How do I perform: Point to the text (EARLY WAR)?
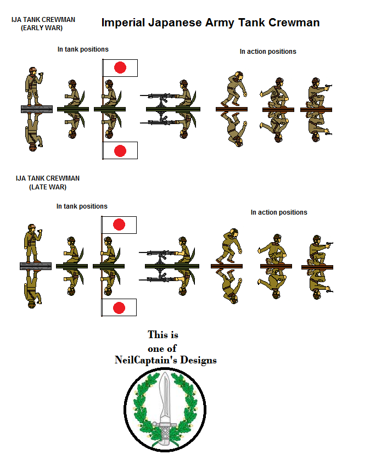pyautogui.click(x=42, y=27)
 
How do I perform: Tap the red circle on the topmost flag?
pyautogui.click(x=120, y=68)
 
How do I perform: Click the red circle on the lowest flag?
pyautogui.click(x=120, y=307)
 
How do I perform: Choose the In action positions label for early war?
pyautogui.click(x=267, y=52)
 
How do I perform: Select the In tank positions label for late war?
pyautogui.click(x=82, y=206)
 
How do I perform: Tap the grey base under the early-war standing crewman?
pyautogui.click(x=36, y=109)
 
